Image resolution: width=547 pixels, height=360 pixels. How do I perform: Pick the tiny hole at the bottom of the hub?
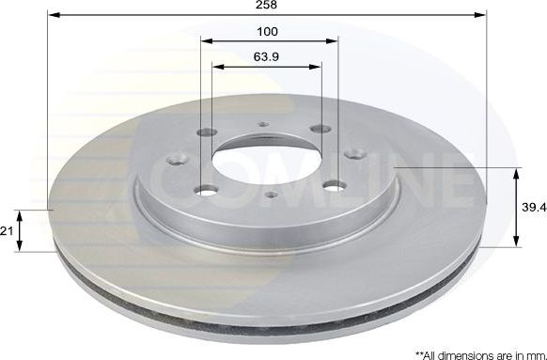point(272,195)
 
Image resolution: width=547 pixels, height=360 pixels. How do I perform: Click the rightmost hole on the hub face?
point(354,152)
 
